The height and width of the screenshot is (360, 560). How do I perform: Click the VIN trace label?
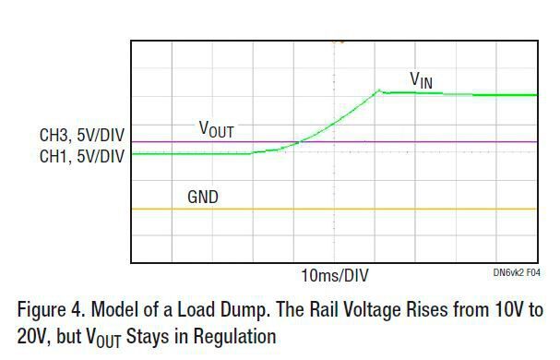pyautogui.click(x=421, y=80)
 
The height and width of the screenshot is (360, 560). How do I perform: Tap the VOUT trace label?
pyautogui.click(x=217, y=129)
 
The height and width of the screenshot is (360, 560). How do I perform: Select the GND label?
pyautogui.click(x=203, y=197)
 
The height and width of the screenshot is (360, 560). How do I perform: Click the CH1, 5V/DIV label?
pyautogui.click(x=81, y=157)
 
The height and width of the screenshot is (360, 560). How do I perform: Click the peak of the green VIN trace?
pyautogui.click(x=379, y=90)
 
